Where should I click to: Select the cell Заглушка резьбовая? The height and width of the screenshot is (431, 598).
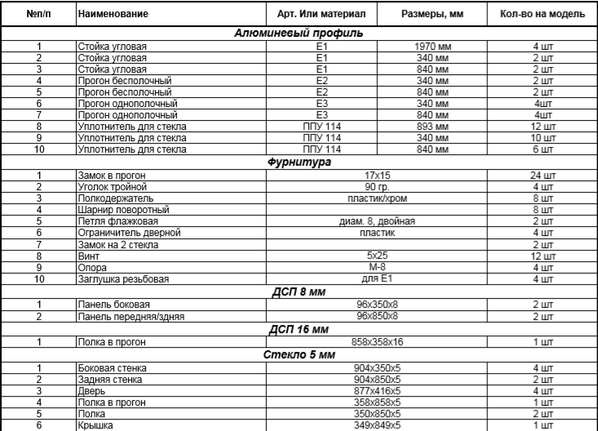coord(113,278)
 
